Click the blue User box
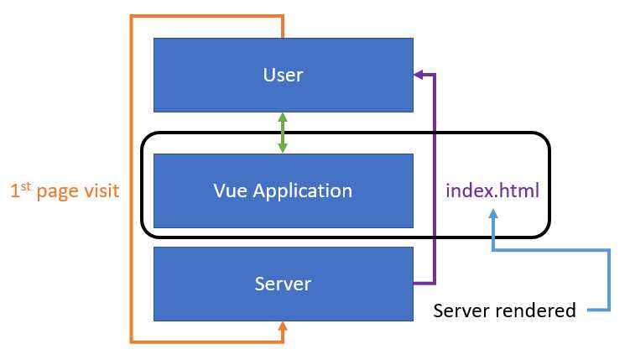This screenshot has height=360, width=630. point(283,75)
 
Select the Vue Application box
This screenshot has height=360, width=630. point(283,190)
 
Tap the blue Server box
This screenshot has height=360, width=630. point(283,284)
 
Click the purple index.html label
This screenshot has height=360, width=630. point(492,191)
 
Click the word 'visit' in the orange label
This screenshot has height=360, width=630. point(101,191)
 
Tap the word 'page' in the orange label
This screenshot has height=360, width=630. point(57,193)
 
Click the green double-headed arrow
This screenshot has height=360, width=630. point(283,133)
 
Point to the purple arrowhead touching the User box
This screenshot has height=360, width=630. point(419,75)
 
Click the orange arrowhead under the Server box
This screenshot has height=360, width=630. point(283,328)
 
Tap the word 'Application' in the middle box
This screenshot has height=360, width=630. point(302,191)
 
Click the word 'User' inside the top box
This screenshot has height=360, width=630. point(283,76)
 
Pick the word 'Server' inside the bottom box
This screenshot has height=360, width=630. point(283,284)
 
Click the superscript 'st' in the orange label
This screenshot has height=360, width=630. point(26,186)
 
